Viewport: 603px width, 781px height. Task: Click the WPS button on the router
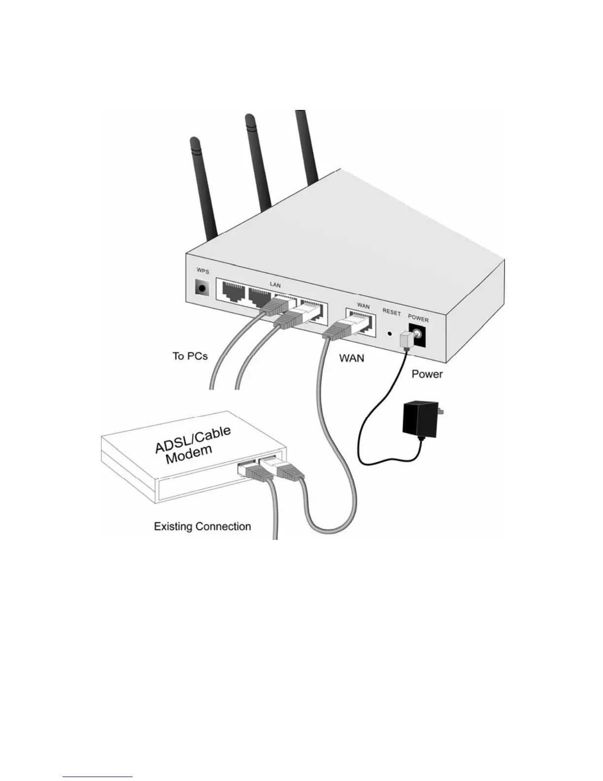(x=201, y=287)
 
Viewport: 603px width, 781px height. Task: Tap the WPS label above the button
(x=202, y=272)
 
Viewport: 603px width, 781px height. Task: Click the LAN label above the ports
(x=275, y=285)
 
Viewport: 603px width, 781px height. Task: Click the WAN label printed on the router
(x=363, y=306)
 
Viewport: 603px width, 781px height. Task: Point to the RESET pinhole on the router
(x=390, y=334)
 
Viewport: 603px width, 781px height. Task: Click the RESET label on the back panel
(x=392, y=313)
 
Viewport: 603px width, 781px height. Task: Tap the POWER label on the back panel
(x=418, y=319)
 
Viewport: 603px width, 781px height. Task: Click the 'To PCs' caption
(x=190, y=355)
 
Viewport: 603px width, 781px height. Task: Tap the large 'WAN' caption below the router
(x=352, y=358)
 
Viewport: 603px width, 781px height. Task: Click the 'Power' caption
(x=427, y=374)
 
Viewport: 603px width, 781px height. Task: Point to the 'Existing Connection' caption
(x=202, y=527)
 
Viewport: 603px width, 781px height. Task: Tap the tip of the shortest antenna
(x=194, y=142)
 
